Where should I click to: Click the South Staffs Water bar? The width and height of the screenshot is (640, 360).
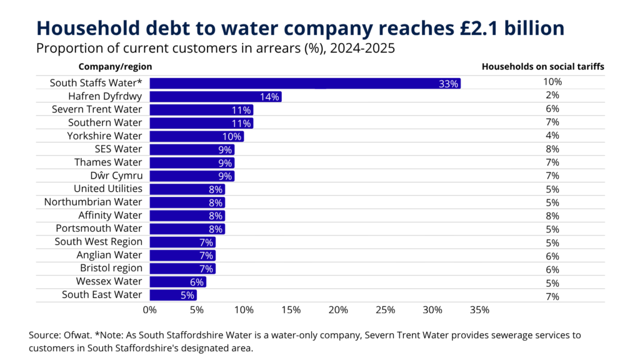(x=304, y=83)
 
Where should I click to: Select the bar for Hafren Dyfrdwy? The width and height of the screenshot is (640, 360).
(x=215, y=96)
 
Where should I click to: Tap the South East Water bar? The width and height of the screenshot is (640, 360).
(x=172, y=295)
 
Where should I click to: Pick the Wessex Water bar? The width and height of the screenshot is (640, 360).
(x=177, y=282)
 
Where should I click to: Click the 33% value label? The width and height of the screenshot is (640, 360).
(x=449, y=84)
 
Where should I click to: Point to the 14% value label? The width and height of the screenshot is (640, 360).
(x=270, y=97)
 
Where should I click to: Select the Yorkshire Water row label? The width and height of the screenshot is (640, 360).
(x=105, y=136)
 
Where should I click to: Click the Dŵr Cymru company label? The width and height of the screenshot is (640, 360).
(x=116, y=176)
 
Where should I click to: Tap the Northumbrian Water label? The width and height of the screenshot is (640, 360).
(x=93, y=202)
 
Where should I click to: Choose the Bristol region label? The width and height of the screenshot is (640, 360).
(x=111, y=268)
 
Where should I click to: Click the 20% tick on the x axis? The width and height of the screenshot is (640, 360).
(x=338, y=309)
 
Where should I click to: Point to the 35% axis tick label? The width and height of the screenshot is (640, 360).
(x=479, y=309)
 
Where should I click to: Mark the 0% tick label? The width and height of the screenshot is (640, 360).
(x=150, y=309)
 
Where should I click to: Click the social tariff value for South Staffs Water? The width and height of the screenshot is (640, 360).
(x=552, y=82)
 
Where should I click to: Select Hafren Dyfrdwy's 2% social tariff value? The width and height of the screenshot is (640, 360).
(x=552, y=95)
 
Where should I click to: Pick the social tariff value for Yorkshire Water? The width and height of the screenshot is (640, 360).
(x=552, y=135)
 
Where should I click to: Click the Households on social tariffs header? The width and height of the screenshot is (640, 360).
(x=543, y=66)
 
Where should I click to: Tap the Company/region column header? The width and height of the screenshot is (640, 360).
(x=115, y=66)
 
